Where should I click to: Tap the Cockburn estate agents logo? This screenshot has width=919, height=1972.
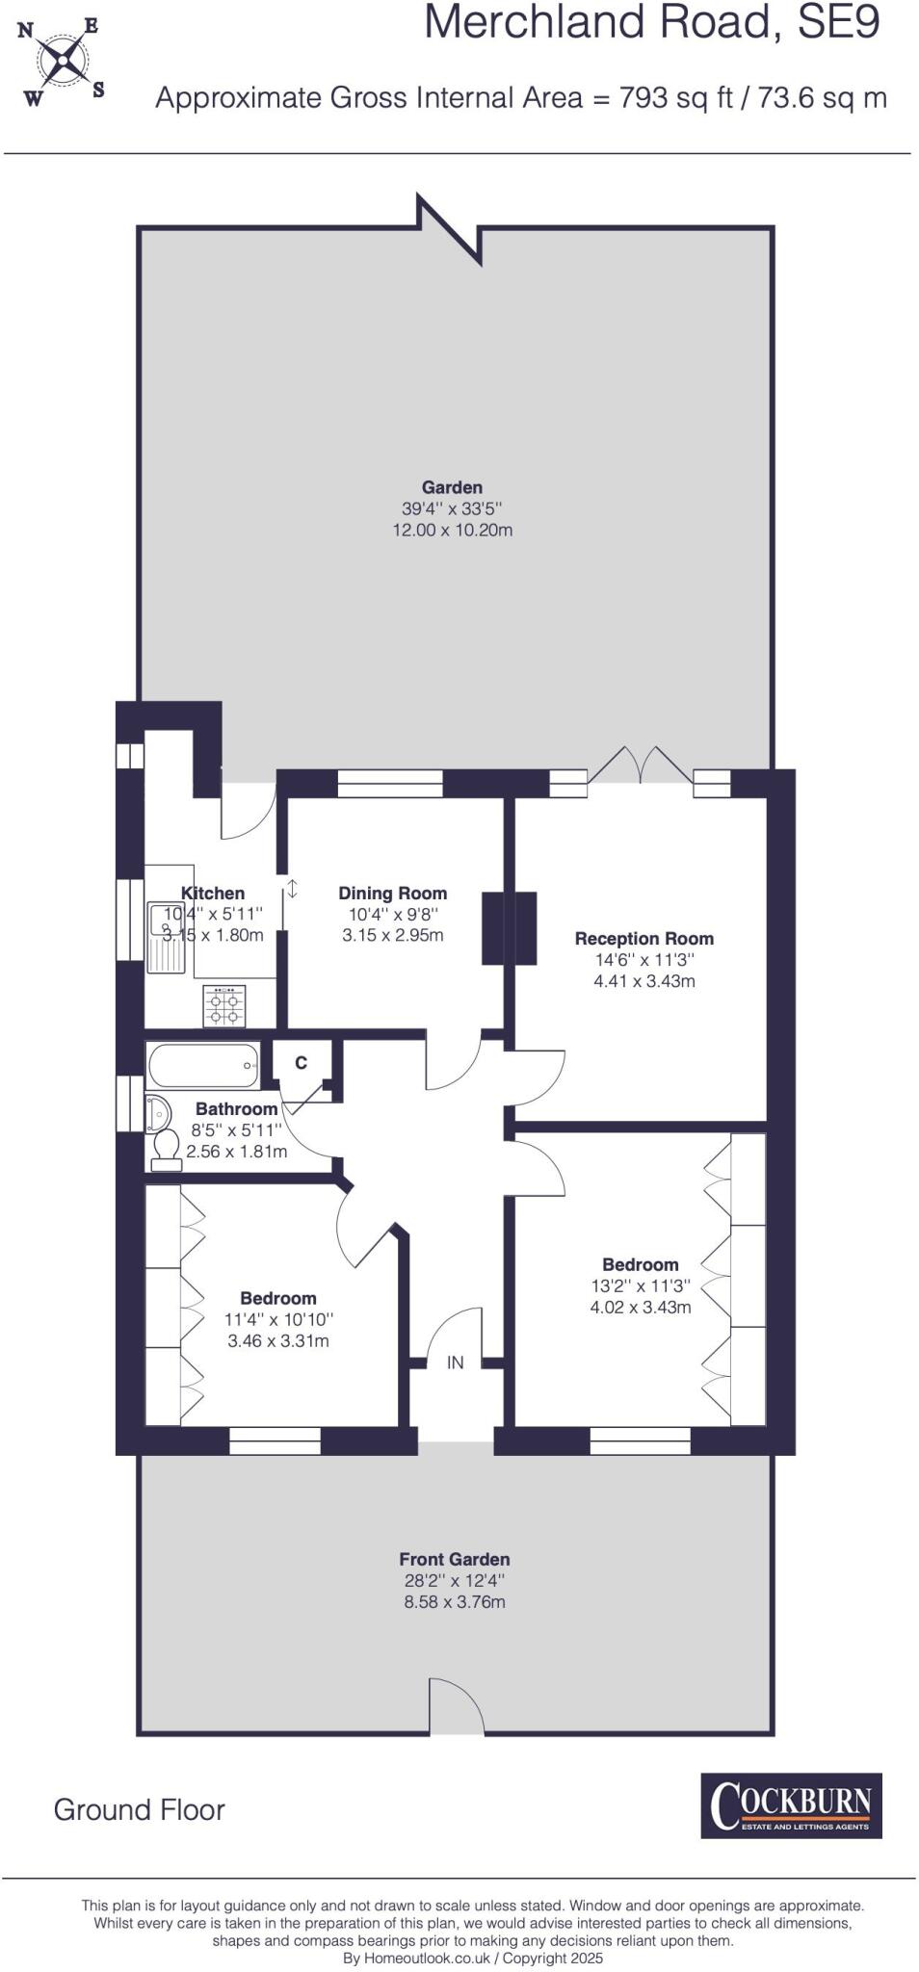791,1805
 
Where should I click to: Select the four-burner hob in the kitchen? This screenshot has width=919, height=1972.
223,1005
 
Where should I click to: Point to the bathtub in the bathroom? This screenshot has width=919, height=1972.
203,1065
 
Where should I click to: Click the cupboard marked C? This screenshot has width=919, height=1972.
302,1062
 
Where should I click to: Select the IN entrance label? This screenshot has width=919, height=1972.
455,1362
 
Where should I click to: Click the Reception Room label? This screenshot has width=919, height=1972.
644,938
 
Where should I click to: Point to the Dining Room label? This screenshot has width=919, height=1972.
393,893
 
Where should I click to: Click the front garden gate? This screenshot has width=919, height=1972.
457,1706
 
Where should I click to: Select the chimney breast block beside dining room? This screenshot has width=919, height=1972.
509,928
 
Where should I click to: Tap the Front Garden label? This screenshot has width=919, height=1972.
455,1559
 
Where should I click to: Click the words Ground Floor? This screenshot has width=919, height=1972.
139,1810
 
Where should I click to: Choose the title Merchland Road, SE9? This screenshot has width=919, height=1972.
652,22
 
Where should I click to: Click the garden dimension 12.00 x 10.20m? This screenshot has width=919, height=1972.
452,530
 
